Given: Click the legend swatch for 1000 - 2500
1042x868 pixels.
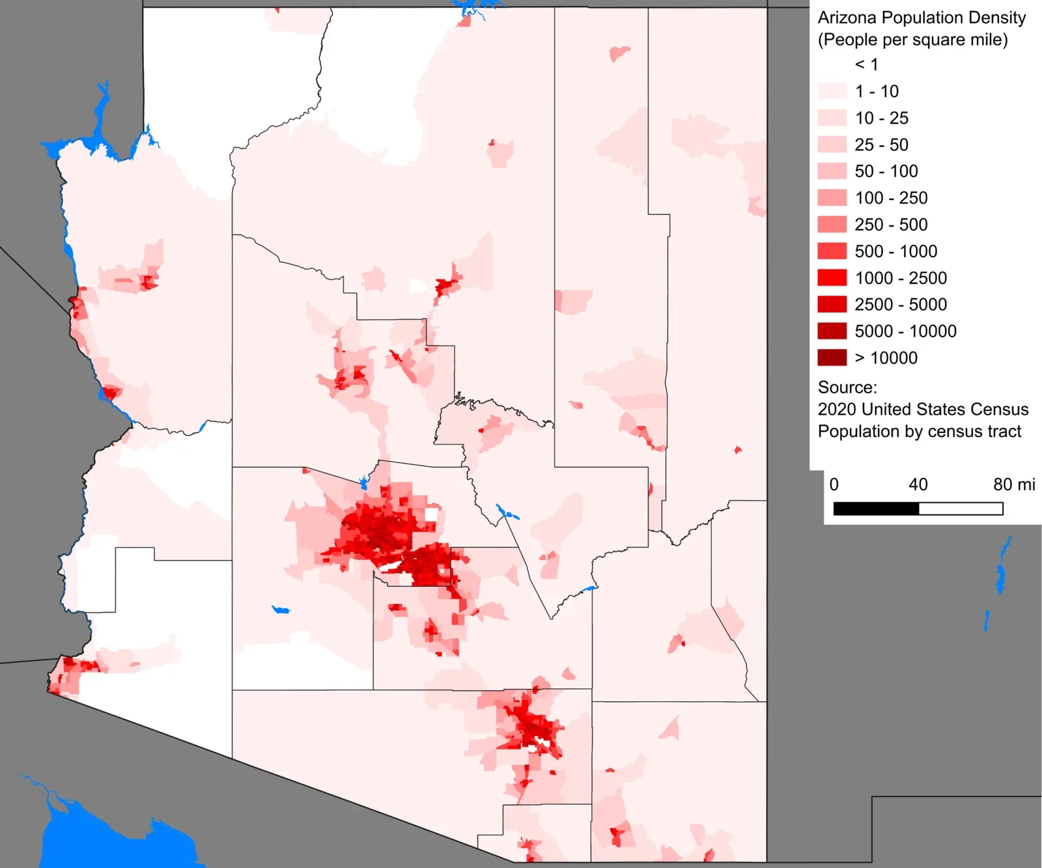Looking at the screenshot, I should pos(832,278).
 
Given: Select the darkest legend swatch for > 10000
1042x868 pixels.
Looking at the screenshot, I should pos(832,357).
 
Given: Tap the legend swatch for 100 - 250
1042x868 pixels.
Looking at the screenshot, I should pos(832,198).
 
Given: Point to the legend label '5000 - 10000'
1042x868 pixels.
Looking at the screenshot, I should pos(905,331).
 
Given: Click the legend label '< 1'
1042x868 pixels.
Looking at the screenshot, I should pos(866,64).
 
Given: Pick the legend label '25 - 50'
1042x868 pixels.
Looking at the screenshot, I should pos(881,145).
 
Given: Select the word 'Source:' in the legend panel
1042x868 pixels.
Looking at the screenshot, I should pos(847,387).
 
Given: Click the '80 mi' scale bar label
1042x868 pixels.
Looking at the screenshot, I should pos(1013,484).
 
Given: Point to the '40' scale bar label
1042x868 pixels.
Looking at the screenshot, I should pos(918,484).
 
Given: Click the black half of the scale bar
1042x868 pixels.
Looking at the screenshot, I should pos(876,509).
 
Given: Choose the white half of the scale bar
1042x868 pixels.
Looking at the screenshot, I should pos(961,509).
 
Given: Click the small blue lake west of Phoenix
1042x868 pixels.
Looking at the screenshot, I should pos(281,610).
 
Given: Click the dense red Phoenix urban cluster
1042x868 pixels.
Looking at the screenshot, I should pos(381,531).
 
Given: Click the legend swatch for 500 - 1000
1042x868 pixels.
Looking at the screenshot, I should pos(832,251).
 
